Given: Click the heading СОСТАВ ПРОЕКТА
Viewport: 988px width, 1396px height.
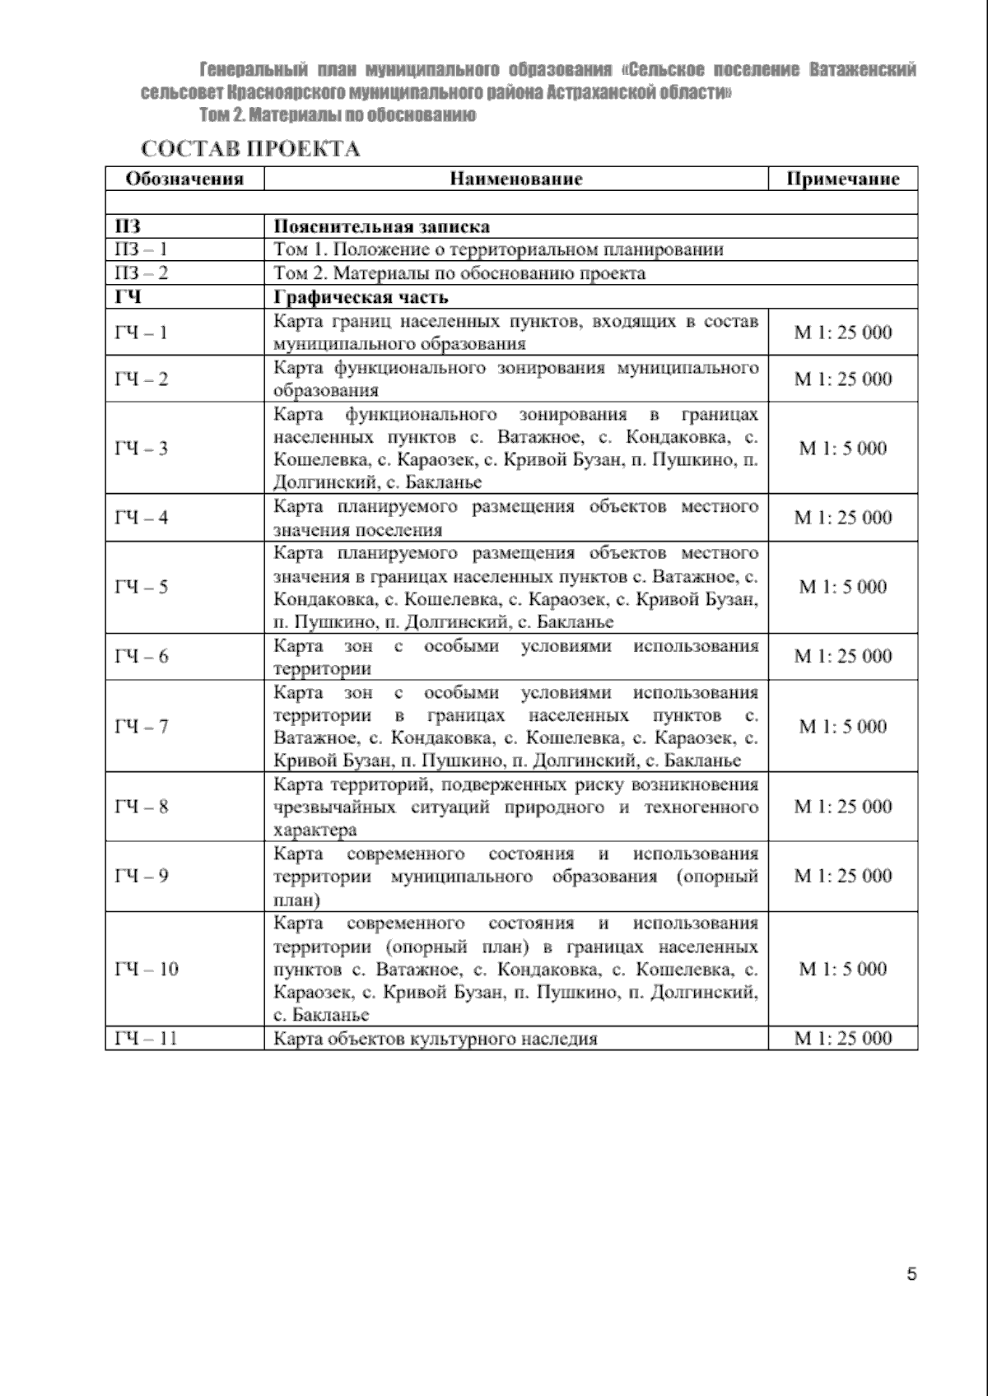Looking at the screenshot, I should click(x=250, y=149).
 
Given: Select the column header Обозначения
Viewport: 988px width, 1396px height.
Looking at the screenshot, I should click(x=184, y=179).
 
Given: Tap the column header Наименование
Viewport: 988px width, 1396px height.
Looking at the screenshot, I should click(x=515, y=179).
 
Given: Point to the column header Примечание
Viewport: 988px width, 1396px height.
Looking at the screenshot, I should click(x=842, y=179).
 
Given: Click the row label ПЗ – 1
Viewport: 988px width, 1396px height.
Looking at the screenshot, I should click(x=141, y=249).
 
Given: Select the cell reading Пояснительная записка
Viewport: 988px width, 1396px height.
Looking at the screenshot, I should click(x=381, y=226).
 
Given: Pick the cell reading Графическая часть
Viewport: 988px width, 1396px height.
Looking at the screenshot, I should click(x=361, y=297).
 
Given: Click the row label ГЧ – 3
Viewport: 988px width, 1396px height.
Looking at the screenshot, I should click(x=141, y=449).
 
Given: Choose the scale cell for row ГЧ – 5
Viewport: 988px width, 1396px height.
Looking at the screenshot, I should click(x=842, y=587).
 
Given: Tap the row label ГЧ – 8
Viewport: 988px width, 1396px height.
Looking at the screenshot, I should click(x=141, y=807).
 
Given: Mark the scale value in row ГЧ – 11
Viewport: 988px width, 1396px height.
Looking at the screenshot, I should click(x=842, y=1038).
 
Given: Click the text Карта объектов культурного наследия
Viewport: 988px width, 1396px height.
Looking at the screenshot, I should click(x=435, y=1039).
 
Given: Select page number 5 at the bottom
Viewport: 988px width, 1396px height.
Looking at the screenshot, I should click(x=911, y=1274).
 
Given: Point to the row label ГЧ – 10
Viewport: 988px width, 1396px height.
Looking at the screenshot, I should click(x=147, y=969).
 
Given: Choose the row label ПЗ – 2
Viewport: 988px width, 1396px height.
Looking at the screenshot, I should click(x=141, y=273).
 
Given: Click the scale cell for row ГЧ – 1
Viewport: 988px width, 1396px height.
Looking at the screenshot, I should click(x=842, y=333).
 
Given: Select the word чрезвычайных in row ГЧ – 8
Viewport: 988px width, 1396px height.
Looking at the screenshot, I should click(x=334, y=807).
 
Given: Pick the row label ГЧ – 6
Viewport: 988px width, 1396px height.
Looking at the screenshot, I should click(x=141, y=656).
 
